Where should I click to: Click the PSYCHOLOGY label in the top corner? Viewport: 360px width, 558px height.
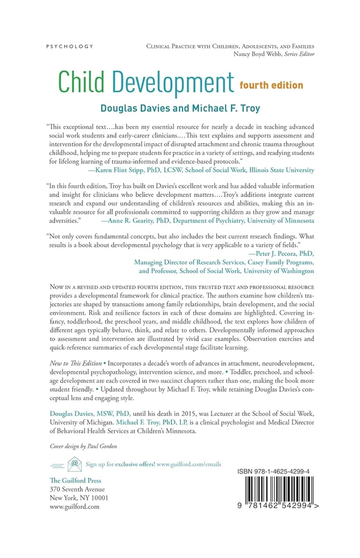70,46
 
